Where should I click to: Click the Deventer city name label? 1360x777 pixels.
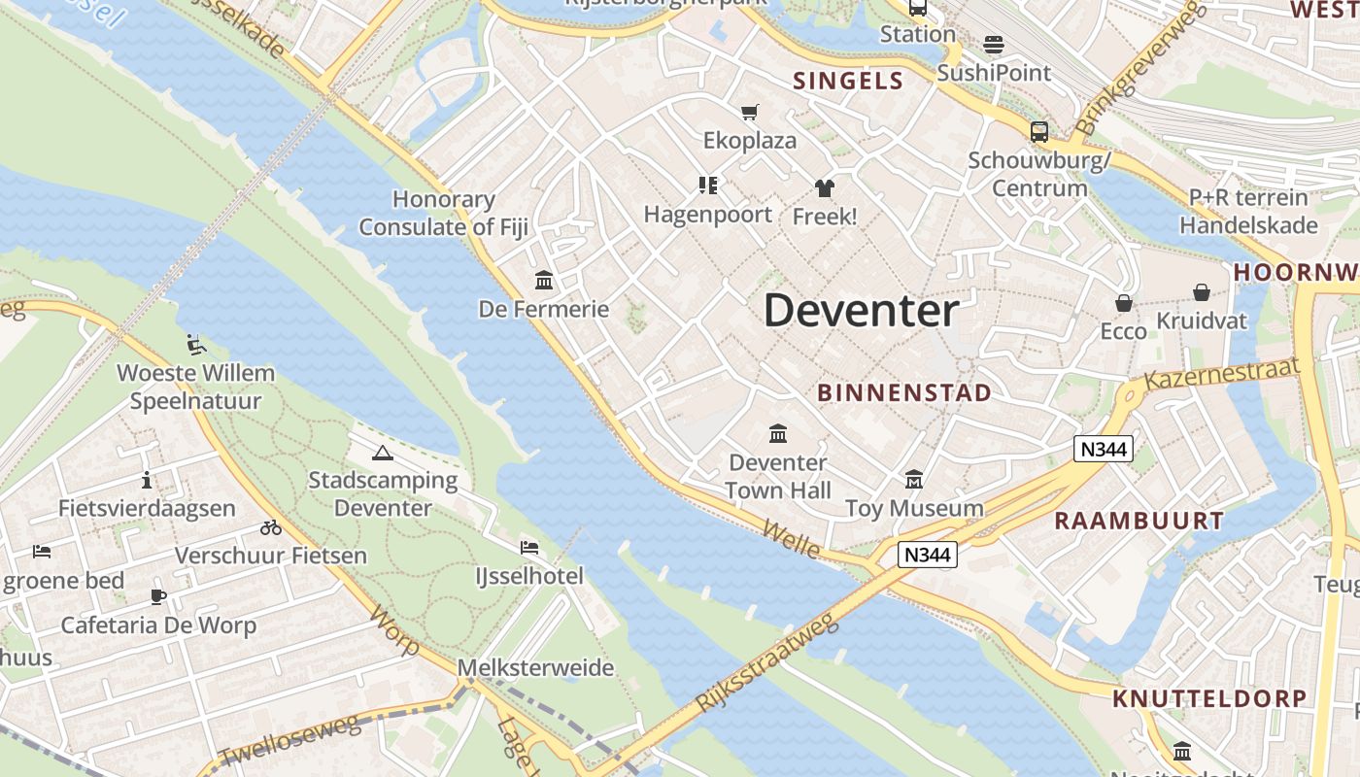click(x=861, y=311)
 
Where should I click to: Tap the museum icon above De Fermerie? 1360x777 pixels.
click(x=544, y=281)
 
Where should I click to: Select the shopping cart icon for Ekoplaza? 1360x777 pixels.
click(x=749, y=113)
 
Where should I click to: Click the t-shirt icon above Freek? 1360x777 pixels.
click(x=825, y=187)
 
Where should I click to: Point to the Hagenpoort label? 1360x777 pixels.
click(x=708, y=215)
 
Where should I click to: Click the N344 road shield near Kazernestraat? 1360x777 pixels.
click(x=1104, y=449)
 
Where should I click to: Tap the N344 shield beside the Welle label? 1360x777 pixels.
click(x=928, y=555)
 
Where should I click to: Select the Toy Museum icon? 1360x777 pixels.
click(x=913, y=480)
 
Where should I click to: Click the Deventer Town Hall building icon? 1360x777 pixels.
click(x=777, y=433)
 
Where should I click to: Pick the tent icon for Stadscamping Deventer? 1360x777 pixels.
click(x=383, y=453)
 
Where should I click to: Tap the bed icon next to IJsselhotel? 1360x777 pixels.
click(x=529, y=548)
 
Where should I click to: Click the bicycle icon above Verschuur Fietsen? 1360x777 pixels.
click(x=271, y=527)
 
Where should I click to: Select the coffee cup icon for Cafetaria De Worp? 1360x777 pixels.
click(x=158, y=596)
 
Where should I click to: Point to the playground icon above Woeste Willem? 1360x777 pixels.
click(x=196, y=344)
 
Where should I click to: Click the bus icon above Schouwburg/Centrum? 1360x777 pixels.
click(x=1038, y=132)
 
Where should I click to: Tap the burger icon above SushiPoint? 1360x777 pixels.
click(x=993, y=45)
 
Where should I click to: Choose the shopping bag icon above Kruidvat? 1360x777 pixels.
click(x=1202, y=292)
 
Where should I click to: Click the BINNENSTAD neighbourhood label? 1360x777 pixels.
click(x=904, y=393)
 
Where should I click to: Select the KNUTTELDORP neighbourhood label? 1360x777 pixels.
click(x=1209, y=698)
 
